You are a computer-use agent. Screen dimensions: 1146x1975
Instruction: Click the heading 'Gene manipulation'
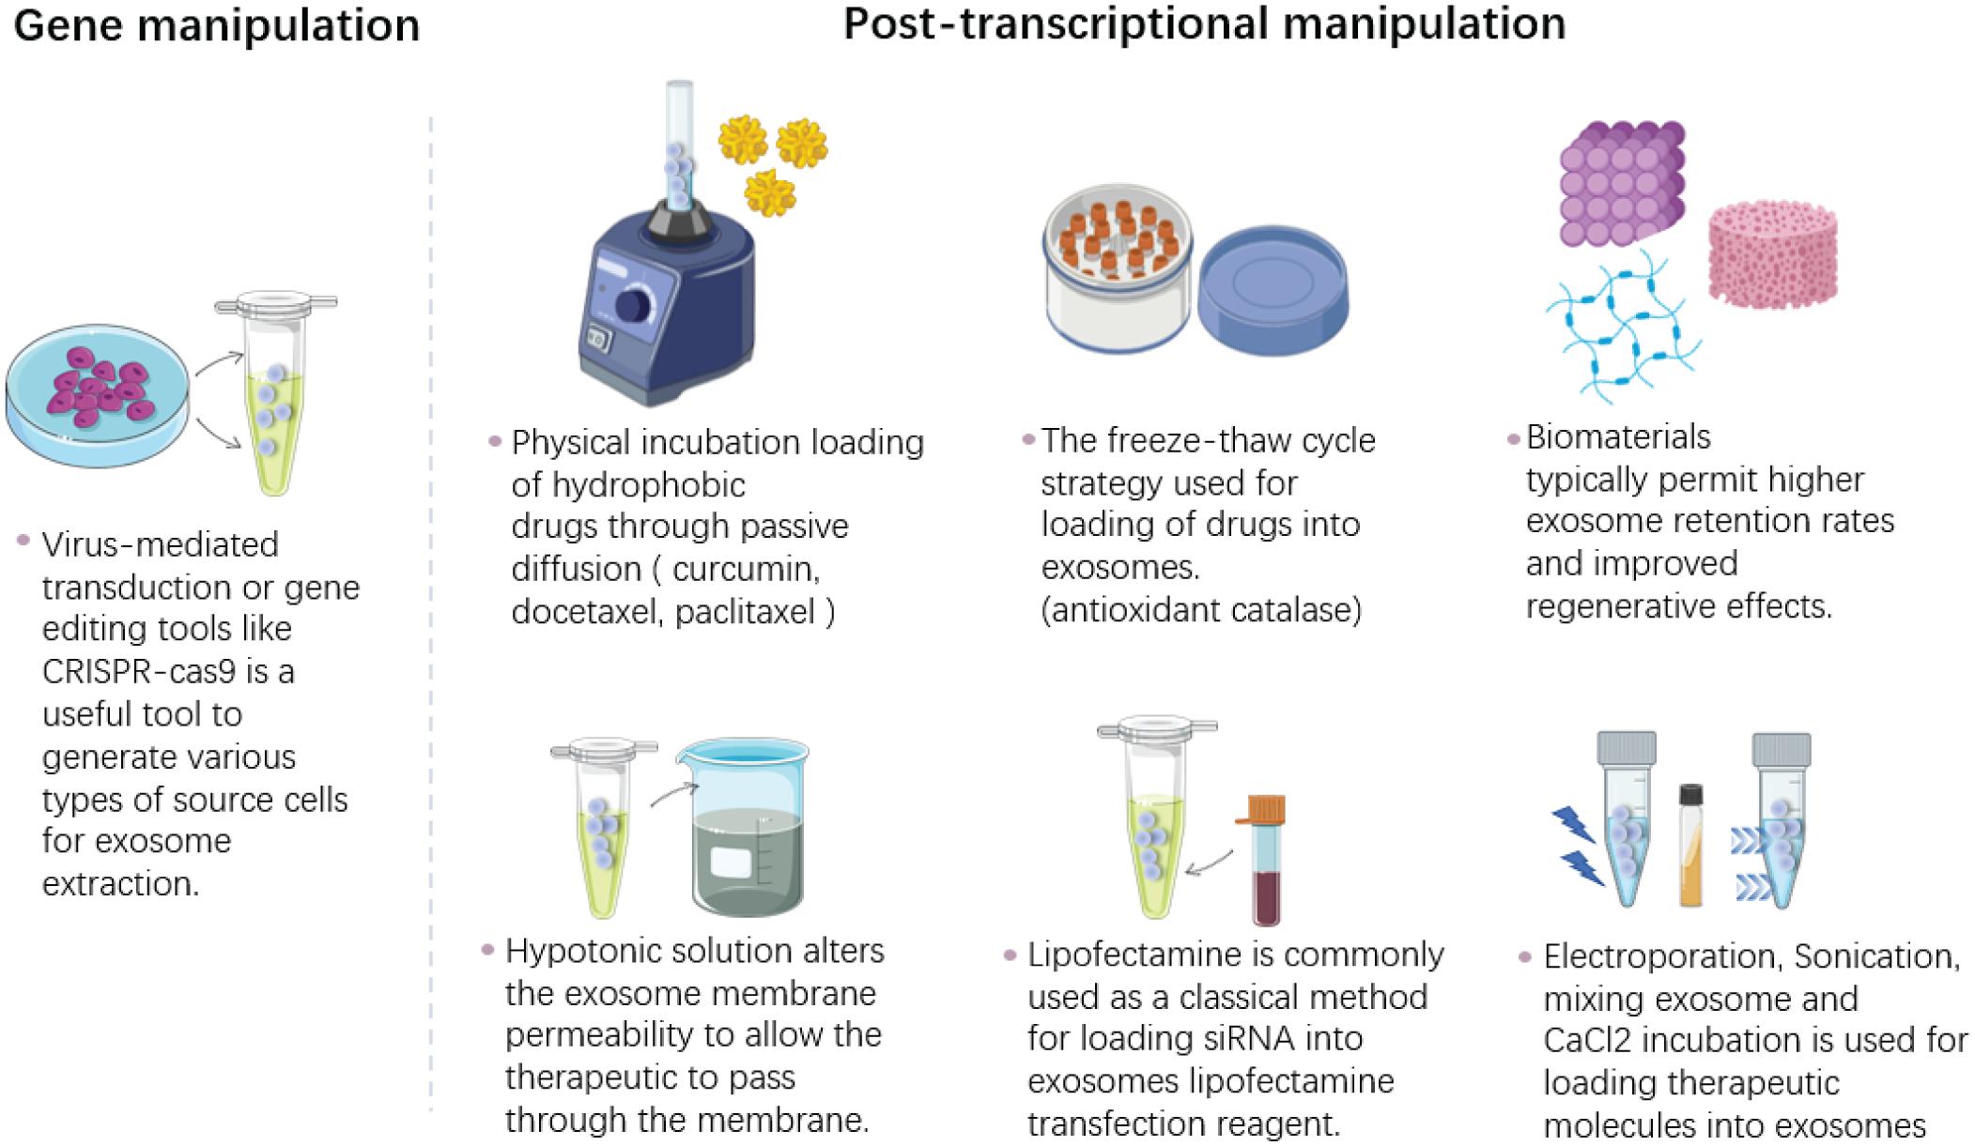coord(217,25)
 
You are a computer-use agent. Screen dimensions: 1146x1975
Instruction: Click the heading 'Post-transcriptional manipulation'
coord(1204,23)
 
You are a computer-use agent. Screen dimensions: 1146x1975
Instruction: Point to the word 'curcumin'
coord(747,569)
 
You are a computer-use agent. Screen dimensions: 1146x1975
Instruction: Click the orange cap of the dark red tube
coord(1266,809)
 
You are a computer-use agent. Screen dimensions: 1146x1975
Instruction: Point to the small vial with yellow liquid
coord(1690,845)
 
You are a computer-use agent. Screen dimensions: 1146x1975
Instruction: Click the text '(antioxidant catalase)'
coord(1201,610)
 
